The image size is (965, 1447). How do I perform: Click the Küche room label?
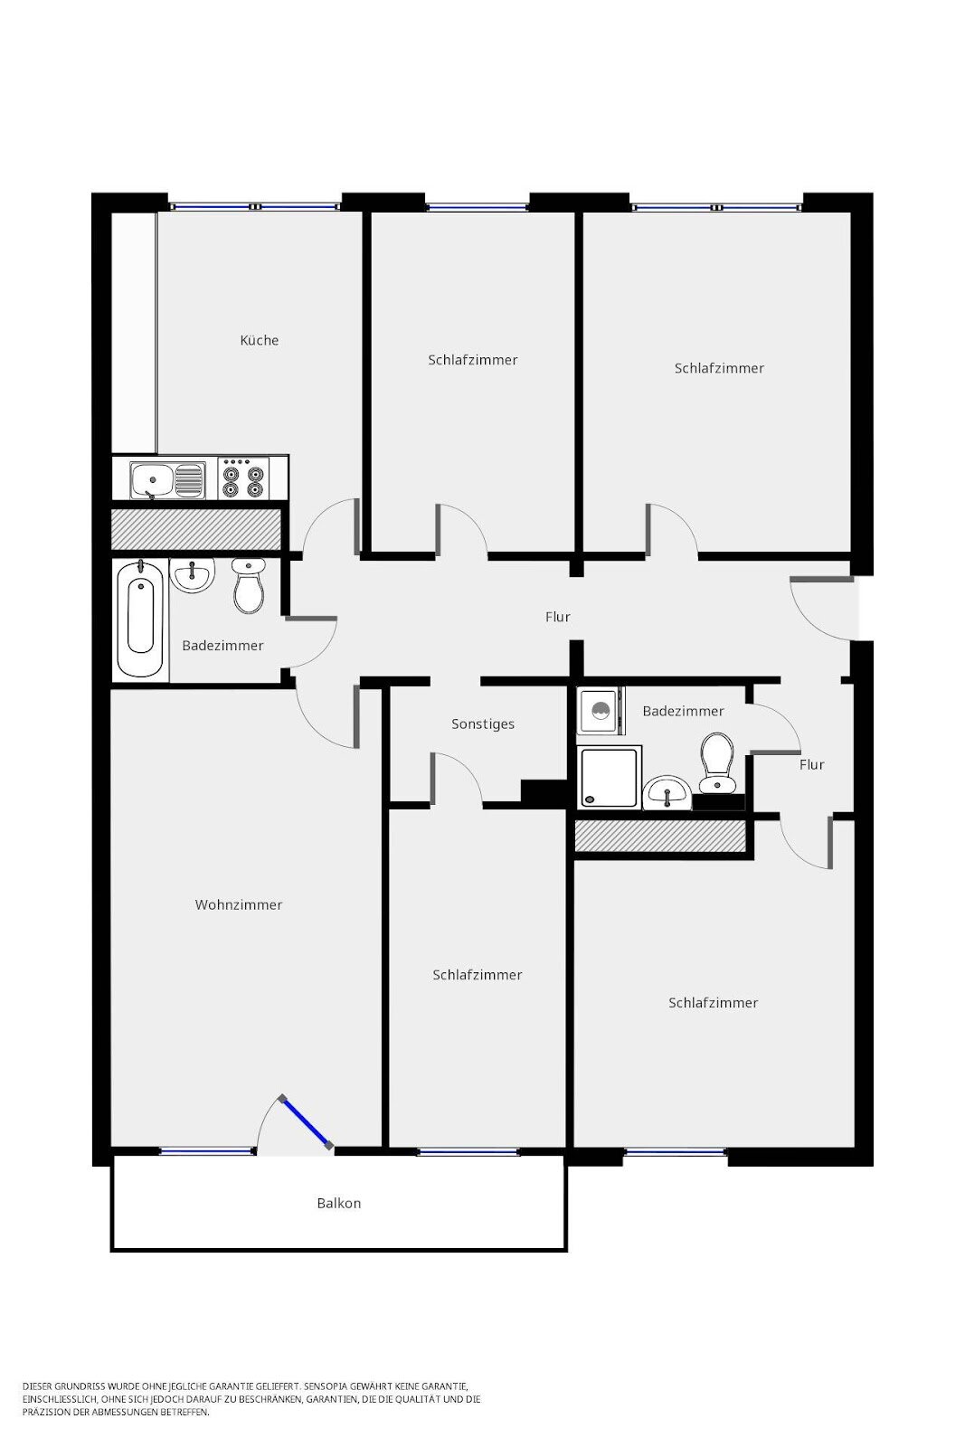pos(260,341)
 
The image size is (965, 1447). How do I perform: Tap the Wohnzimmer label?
pos(239,905)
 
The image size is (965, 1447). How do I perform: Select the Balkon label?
pos(339,1204)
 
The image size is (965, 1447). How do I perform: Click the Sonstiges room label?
pos(483,724)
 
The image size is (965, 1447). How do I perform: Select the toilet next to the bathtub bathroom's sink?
pos(248,585)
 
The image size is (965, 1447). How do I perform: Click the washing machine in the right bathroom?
pos(599,712)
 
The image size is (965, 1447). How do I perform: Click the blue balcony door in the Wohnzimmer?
pos(306,1122)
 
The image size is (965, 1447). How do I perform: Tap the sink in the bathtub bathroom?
pos(192,575)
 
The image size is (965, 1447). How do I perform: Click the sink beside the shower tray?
pos(667,793)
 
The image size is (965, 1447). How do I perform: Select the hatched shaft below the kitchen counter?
pos(195,528)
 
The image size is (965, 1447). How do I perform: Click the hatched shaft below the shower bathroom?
pos(659,836)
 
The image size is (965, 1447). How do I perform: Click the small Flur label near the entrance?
pos(812,765)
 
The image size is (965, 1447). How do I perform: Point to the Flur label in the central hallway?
pos(558,618)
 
